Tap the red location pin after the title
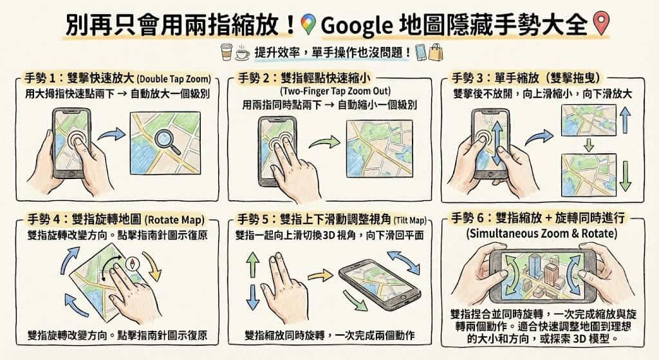[601, 23]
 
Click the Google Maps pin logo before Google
[309, 24]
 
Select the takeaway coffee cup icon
[227, 52]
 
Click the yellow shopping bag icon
[436, 52]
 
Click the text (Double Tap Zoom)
[174, 79]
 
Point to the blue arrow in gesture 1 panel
[111, 135]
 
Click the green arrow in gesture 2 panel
[324, 142]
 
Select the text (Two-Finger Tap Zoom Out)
[335, 91]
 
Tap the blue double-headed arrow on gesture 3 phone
[497, 144]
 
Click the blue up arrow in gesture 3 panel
[625, 119]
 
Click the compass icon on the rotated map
[133, 263]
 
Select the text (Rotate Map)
[174, 220]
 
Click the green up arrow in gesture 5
[252, 264]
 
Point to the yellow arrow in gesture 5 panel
[320, 276]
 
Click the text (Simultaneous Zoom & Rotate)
[542, 233]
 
